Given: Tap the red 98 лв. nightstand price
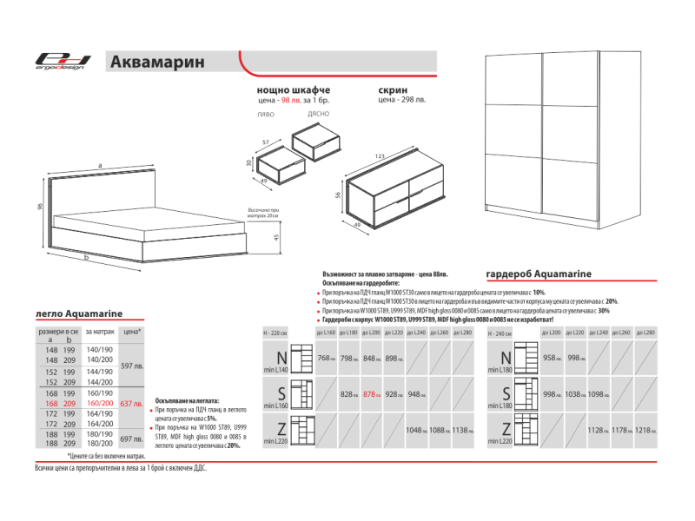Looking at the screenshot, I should (x=304, y=101).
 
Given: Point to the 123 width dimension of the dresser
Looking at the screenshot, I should (x=380, y=155).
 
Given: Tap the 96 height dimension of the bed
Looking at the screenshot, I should (x=41, y=207).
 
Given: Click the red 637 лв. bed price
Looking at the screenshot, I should (x=131, y=404).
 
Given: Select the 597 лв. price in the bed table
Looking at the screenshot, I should (x=131, y=366).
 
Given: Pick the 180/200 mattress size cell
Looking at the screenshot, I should (x=99, y=442).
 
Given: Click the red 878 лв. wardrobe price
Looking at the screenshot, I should (x=372, y=395).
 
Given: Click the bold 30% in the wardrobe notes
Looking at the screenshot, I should (x=603, y=310).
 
